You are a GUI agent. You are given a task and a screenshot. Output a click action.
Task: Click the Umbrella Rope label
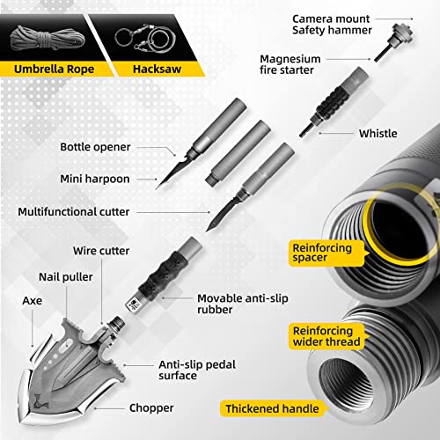click(55, 70)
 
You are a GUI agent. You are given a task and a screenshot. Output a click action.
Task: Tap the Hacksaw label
click(157, 70)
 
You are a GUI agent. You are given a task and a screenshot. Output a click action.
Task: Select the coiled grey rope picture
click(48, 39)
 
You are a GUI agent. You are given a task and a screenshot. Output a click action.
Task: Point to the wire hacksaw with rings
click(146, 39)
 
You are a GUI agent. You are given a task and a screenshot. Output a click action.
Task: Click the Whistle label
click(378, 134)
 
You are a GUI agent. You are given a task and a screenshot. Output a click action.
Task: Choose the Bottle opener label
click(95, 147)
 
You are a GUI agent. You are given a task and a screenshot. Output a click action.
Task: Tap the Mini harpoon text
click(95, 179)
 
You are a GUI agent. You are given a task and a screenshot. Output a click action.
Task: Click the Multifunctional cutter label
click(74, 212)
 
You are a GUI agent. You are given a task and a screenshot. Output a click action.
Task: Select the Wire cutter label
click(101, 251)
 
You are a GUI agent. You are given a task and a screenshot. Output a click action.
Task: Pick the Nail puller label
click(66, 276)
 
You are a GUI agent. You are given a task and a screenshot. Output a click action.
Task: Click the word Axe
click(33, 301)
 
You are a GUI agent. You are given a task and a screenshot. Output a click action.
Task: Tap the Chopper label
click(151, 408)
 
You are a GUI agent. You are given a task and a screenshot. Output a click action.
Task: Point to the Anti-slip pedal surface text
click(197, 370)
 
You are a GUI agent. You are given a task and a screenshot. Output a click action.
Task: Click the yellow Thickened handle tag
click(272, 408)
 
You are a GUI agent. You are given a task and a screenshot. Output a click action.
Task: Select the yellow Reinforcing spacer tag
click(326, 253)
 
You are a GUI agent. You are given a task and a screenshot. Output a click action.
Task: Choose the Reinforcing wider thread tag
click(326, 336)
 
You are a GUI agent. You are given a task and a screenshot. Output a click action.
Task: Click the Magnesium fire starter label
click(290, 64)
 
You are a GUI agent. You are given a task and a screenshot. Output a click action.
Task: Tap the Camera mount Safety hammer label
click(332, 25)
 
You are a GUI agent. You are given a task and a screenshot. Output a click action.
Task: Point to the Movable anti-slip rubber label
click(243, 304)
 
